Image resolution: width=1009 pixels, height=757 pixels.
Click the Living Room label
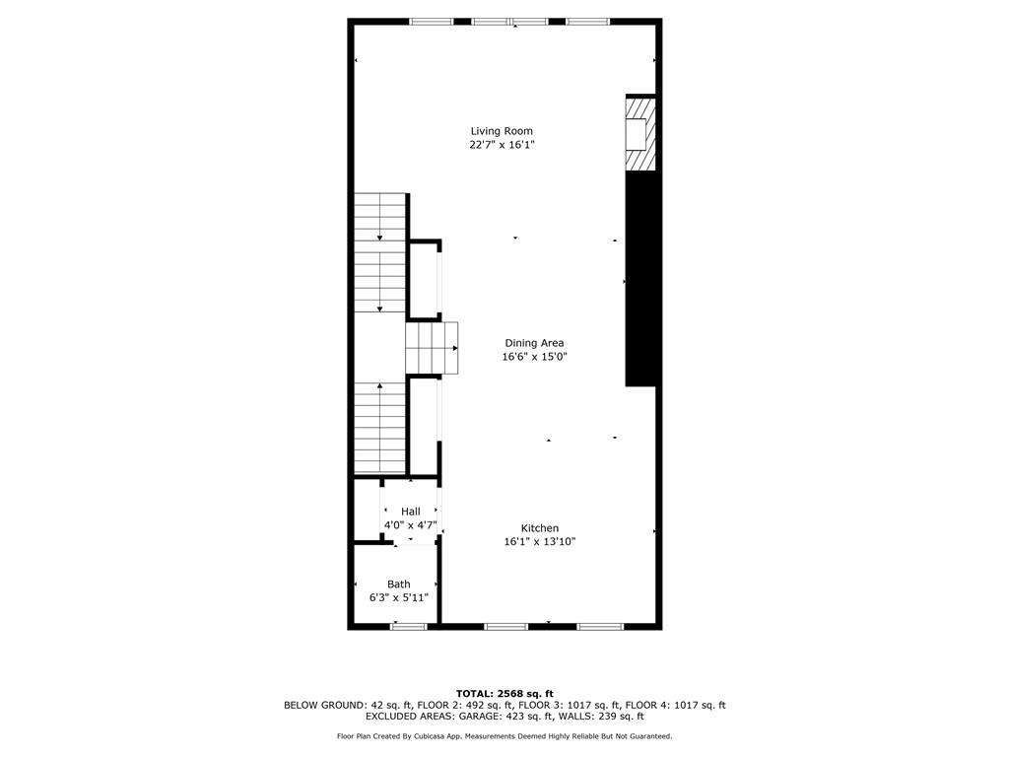click(x=502, y=131)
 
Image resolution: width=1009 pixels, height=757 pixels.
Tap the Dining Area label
click(x=534, y=343)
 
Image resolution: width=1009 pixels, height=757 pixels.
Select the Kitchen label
click(x=540, y=528)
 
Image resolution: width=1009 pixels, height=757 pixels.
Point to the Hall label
click(x=410, y=511)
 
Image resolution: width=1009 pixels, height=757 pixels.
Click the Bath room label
click(x=398, y=585)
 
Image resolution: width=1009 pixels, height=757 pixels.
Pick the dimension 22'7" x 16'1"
click(x=502, y=145)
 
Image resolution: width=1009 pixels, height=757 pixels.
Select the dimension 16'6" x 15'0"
click(x=534, y=357)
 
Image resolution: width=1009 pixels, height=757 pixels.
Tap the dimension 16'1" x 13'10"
click(x=540, y=541)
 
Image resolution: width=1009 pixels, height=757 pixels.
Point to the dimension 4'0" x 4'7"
click(x=410, y=524)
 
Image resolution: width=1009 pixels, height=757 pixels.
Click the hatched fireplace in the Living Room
click(x=639, y=132)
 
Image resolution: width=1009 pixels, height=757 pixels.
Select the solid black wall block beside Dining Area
click(x=639, y=278)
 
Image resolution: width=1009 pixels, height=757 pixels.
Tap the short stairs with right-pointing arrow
click(x=433, y=348)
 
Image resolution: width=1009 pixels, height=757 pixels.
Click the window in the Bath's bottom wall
click(x=408, y=626)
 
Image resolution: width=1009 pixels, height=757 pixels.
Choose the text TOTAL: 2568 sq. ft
click(x=504, y=693)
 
